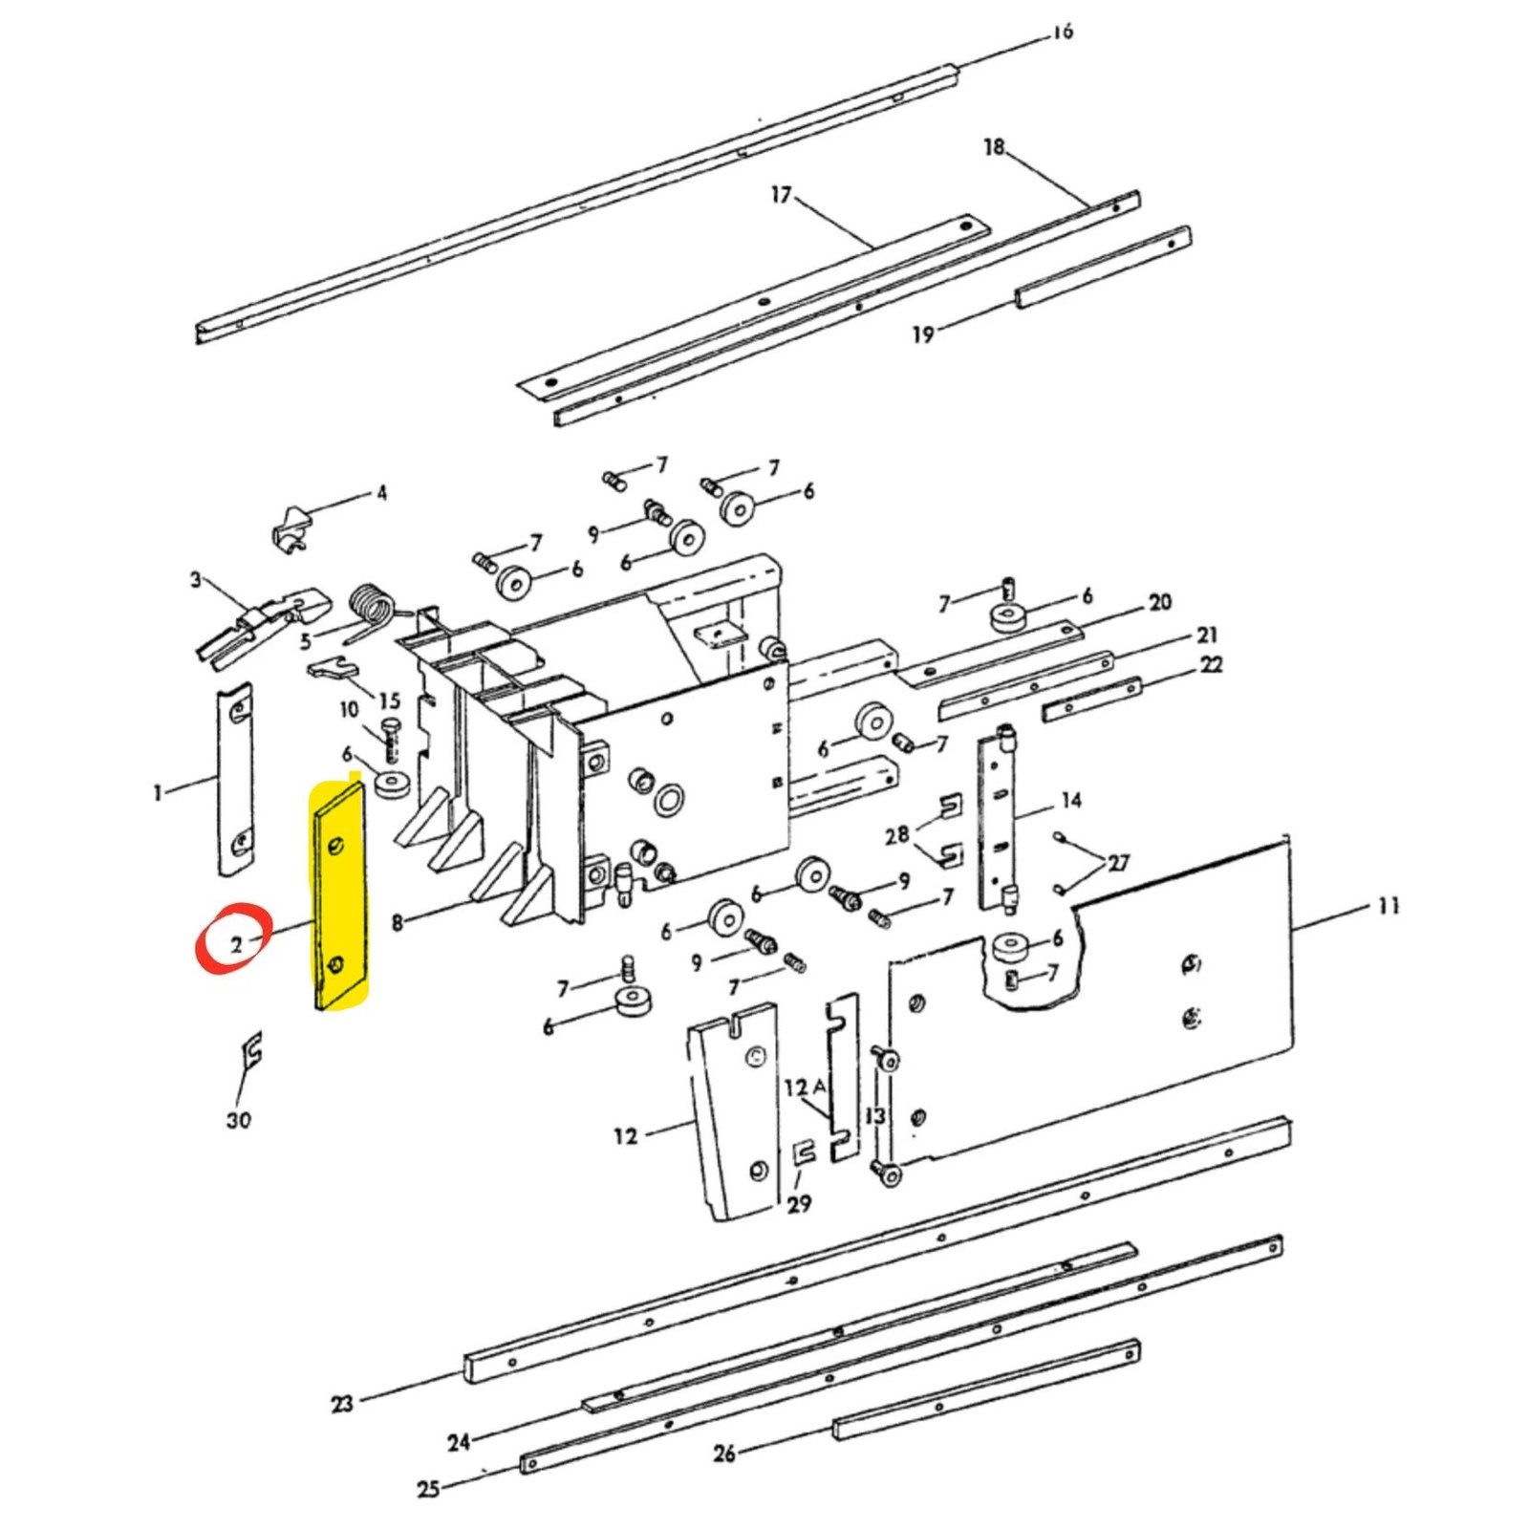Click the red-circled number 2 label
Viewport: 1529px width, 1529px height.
236,946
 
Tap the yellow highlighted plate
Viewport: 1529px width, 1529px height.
338,895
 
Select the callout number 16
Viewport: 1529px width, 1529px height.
1063,32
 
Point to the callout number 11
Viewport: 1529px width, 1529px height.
1389,905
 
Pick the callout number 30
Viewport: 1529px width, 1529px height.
238,1120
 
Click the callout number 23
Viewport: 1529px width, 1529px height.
342,1404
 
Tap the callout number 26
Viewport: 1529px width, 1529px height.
724,1454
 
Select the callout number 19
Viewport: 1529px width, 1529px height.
922,334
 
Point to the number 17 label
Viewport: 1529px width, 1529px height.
781,195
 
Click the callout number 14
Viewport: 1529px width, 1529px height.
1070,800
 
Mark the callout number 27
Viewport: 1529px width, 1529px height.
1118,863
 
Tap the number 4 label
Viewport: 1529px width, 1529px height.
381,493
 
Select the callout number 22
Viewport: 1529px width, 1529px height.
1211,664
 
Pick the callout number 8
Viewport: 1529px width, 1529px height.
398,923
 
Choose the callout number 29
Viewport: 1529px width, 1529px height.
799,1204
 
